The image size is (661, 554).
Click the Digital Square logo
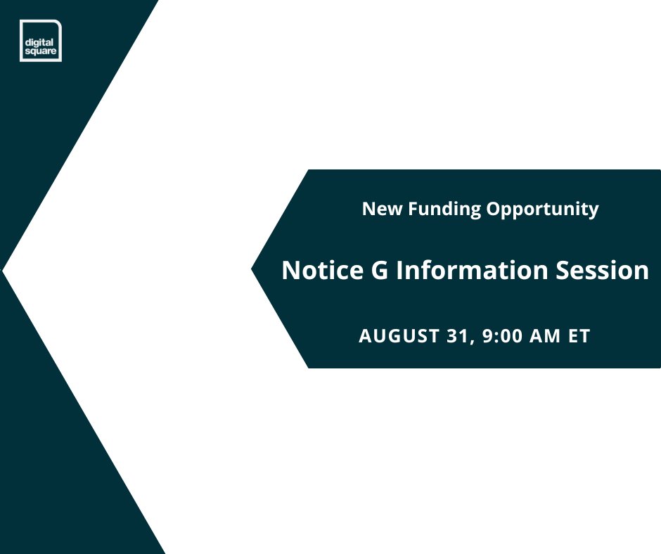(x=40, y=41)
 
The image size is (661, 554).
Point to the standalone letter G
(x=378, y=271)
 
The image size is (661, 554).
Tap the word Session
(x=605, y=271)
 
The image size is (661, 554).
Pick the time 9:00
(x=499, y=336)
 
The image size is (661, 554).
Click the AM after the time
(x=545, y=336)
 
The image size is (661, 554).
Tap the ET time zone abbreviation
(x=579, y=336)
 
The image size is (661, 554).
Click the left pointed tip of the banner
(x=253, y=269)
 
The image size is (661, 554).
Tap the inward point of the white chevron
(x=4, y=271)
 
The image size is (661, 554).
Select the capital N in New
(x=368, y=209)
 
